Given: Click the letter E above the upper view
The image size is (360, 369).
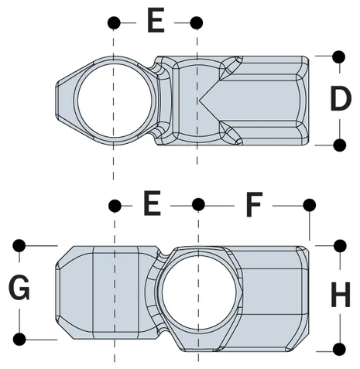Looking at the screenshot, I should (155, 22).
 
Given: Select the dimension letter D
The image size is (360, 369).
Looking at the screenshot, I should (339, 100).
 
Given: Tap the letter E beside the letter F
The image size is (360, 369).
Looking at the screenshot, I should (152, 205).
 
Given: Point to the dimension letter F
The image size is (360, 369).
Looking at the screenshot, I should (254, 205).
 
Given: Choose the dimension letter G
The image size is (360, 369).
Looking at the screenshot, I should (19, 291).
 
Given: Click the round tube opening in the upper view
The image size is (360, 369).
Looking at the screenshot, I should (114, 98).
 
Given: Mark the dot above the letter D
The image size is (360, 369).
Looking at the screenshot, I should (338, 56).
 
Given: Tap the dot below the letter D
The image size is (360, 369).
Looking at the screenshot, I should (338, 144).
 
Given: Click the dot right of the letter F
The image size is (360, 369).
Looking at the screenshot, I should (309, 204).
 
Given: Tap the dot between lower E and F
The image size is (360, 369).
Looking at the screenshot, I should (198, 204).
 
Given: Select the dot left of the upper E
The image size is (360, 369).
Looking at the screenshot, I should (114, 22).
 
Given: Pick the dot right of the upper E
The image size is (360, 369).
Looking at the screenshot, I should (197, 22).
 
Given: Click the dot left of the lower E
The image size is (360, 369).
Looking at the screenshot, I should (115, 204).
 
